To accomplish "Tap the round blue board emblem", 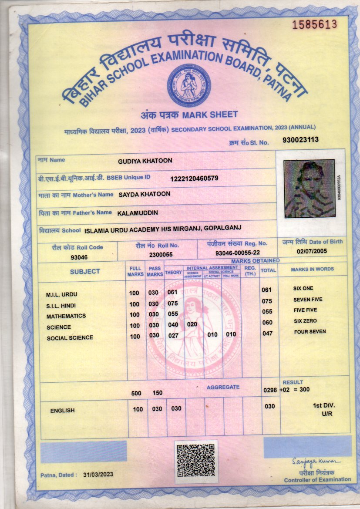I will (x=189, y=86).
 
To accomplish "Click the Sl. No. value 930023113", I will (x=301, y=140).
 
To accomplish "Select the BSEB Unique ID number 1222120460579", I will (x=194, y=178).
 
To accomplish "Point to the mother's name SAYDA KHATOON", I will (x=145, y=194).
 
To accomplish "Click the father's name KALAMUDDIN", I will (x=138, y=213).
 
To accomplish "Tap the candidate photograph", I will (x=309, y=189).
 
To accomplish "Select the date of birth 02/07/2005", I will (x=312, y=251).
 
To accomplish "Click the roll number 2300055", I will (x=161, y=254).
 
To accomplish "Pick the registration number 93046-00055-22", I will (x=238, y=253).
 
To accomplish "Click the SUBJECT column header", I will (x=85, y=271).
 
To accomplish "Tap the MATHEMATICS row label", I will (x=66, y=316).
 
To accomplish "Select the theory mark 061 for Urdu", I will (x=172, y=292).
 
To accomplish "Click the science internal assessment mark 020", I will (x=192, y=324).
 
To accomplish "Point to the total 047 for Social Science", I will (x=266, y=333).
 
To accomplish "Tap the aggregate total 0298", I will (x=270, y=390).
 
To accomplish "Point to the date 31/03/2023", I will (x=98, y=475).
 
